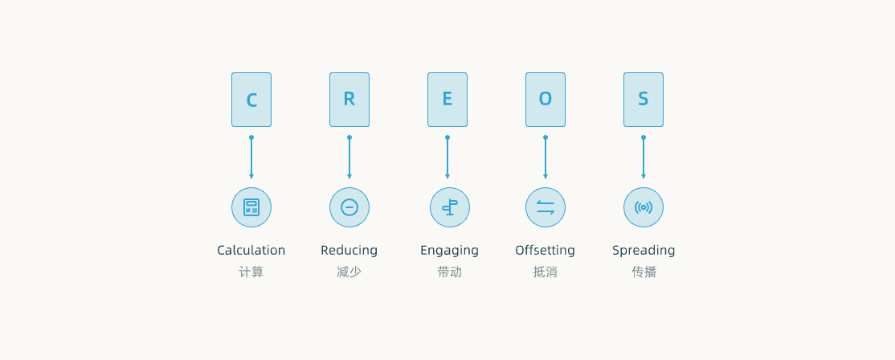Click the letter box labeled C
click(x=251, y=100)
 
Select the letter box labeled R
click(x=349, y=100)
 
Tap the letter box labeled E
click(x=447, y=100)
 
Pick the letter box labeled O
click(x=545, y=100)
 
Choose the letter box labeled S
click(x=644, y=100)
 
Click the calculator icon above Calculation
click(x=251, y=207)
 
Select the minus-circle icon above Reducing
click(x=349, y=207)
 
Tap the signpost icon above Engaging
click(x=450, y=207)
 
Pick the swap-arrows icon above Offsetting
click(x=545, y=207)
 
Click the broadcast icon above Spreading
click(x=644, y=207)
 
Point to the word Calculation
click(x=251, y=251)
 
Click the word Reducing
click(x=349, y=251)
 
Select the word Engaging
click(x=450, y=251)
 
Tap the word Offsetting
click(x=545, y=251)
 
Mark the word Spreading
click(x=644, y=251)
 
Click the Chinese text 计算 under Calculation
click(x=251, y=272)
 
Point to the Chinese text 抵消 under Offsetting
click(x=545, y=272)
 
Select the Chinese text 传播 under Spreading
click(x=644, y=272)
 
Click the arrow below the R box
click(x=349, y=158)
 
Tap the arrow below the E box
click(x=447, y=158)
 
